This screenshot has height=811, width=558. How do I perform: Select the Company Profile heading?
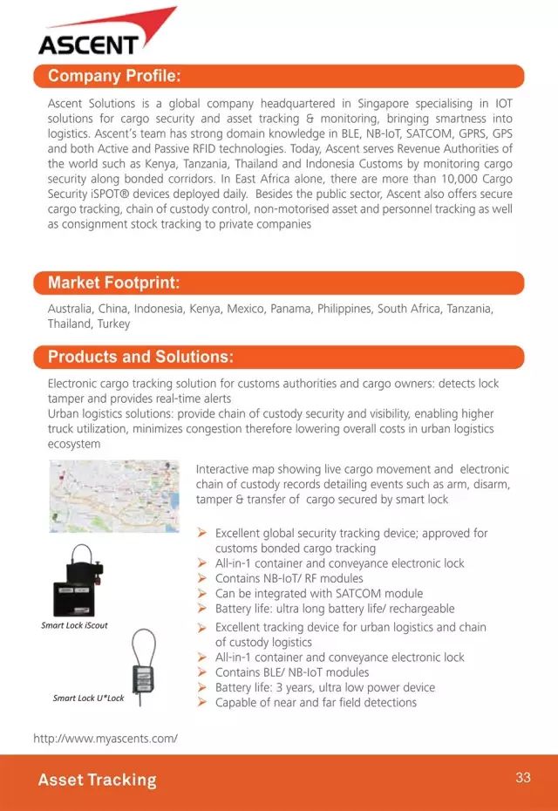[114, 76]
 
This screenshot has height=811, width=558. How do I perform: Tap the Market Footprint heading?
[113, 283]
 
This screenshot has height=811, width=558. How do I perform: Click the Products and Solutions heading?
[140, 357]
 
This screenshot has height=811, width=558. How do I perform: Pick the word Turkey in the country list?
[114, 324]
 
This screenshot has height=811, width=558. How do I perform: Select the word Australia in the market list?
[70, 309]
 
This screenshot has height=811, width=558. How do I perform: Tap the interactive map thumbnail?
[114, 496]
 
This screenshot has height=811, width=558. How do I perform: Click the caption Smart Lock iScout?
[74, 625]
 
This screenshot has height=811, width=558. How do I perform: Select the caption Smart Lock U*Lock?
[88, 699]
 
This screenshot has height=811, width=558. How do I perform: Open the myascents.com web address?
[105, 739]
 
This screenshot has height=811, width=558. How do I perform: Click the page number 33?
[523, 778]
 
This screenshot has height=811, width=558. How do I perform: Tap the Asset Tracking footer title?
[97, 780]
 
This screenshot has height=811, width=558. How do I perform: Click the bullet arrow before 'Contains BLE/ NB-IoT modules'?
[201, 672]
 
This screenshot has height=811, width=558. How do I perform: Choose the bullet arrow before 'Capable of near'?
[201, 702]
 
